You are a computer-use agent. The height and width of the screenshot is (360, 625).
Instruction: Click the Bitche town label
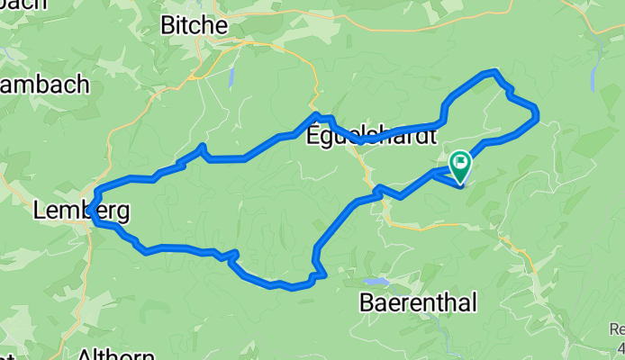coord(193,25)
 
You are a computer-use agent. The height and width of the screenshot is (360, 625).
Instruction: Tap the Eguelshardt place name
coord(371,136)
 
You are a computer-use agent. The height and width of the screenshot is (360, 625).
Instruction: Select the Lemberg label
coord(80,212)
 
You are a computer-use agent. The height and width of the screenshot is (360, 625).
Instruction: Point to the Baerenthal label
coord(418,302)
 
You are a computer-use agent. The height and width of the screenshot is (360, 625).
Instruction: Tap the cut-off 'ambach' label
coord(45,84)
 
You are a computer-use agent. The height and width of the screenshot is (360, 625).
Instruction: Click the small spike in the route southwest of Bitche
coord(204,146)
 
